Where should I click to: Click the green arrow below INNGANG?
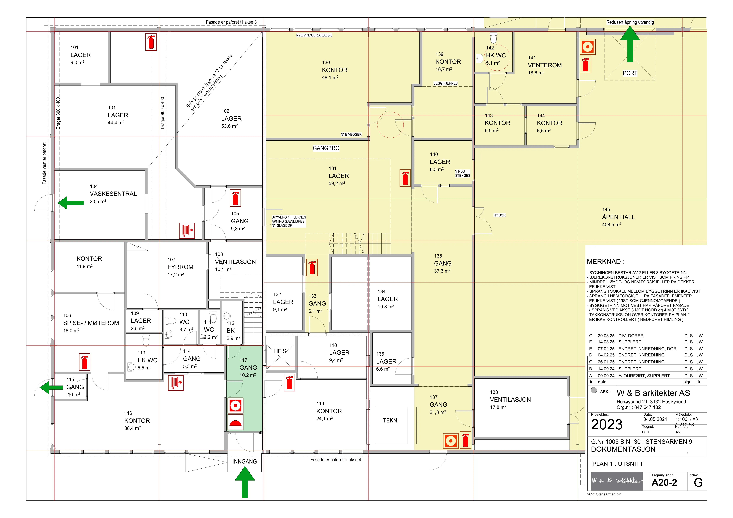(x=245, y=482)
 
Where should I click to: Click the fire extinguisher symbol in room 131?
(x=405, y=178)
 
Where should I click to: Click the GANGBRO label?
(x=326, y=148)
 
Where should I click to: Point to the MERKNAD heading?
(x=606, y=262)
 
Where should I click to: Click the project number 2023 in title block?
(x=607, y=425)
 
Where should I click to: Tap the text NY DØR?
(x=499, y=215)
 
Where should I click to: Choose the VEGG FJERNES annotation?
(x=445, y=84)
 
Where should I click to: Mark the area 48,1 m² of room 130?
(x=330, y=78)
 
